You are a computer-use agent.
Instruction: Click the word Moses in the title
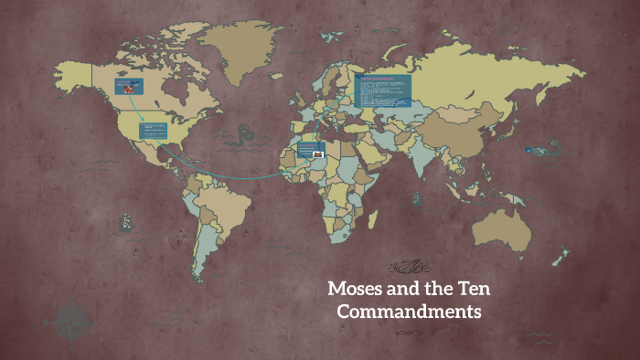pos(359,291)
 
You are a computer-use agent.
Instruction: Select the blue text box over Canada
pos(128,87)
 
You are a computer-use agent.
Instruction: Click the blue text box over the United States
pos(153,130)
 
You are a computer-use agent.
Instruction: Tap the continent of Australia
pos(501,223)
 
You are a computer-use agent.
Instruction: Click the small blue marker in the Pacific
pos(529,150)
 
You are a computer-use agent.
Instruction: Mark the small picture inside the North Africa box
pos(317,154)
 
